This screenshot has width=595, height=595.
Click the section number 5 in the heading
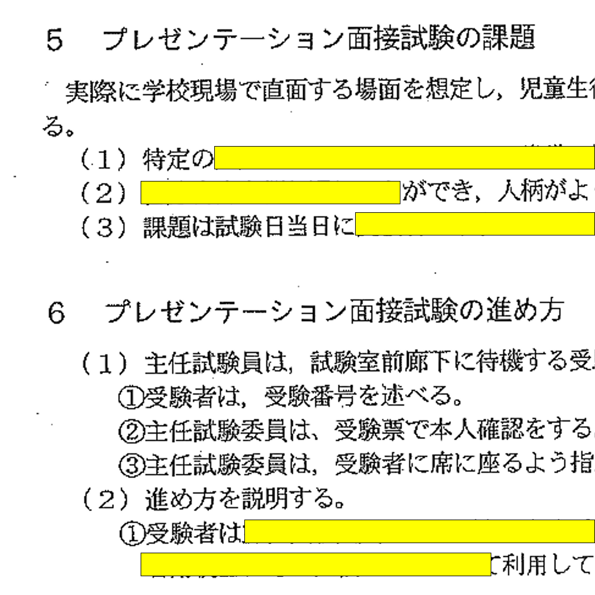[55, 39]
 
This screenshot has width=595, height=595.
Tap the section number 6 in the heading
[56, 312]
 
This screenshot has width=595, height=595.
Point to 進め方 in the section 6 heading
[525, 311]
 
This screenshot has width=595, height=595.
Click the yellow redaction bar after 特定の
[404, 158]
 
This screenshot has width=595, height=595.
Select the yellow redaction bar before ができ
[271, 193]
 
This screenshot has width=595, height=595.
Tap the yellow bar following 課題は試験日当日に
[475, 224]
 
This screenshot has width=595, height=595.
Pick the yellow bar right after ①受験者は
[419, 531]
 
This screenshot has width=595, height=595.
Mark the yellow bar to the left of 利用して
[316, 565]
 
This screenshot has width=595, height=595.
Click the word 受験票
[369, 430]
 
